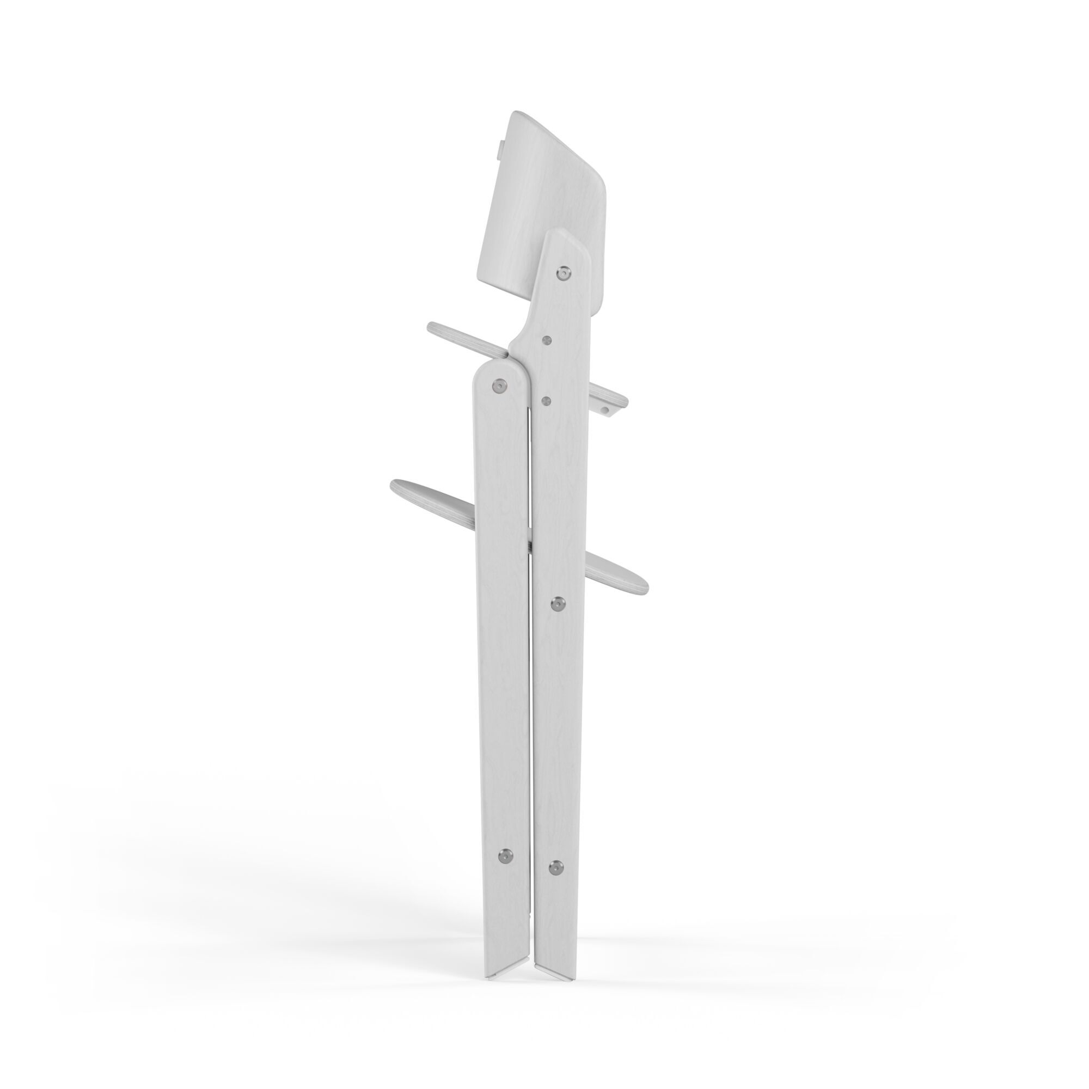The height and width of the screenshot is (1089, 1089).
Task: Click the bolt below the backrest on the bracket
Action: (562, 273)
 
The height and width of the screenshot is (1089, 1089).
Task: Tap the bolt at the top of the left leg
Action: (498, 386)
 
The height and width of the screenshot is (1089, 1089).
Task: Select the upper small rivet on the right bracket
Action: (546, 340)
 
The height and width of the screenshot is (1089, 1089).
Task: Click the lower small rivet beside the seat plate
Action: (545, 400)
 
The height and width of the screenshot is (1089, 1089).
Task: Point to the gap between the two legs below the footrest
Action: (531, 733)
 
